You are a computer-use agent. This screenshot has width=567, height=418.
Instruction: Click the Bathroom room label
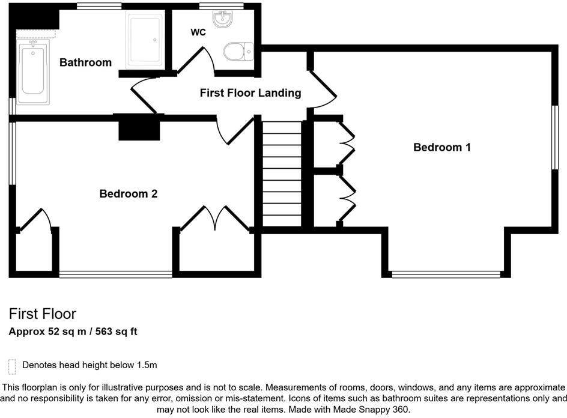pos(85,62)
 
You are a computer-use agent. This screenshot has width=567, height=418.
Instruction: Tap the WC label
pos(198,32)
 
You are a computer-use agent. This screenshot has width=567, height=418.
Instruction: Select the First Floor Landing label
pos(250,93)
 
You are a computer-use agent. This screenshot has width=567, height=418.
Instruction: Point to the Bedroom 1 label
pos(442,147)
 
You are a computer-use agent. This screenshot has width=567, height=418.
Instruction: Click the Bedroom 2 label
pos(128,193)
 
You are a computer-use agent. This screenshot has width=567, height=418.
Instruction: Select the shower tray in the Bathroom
pos(144,40)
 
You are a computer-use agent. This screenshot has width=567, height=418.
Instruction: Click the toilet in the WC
pos(237,52)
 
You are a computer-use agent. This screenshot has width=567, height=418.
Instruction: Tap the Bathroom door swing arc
pos(141,95)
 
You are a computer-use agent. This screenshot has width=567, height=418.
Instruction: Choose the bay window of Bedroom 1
pos(446,274)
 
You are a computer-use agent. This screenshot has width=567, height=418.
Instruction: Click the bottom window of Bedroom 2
pos(115,274)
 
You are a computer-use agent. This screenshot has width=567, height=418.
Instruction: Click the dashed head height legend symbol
pos(12,366)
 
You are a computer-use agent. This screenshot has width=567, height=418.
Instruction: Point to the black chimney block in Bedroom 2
pos(139,127)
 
